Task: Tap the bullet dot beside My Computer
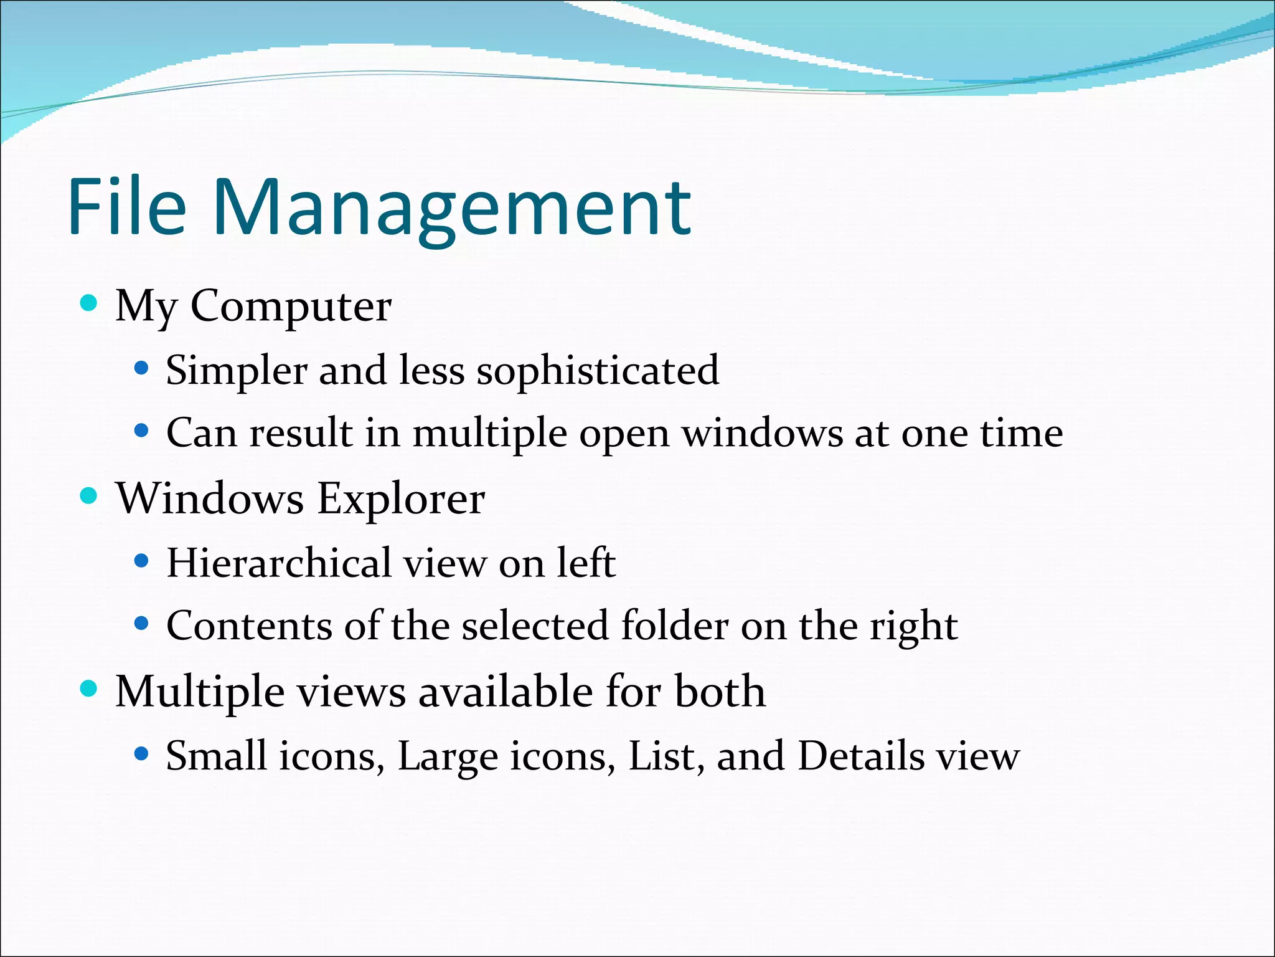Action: tap(90, 303)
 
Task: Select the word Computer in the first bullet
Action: tap(291, 307)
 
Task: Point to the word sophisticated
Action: tap(598, 371)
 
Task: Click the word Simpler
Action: tap(237, 371)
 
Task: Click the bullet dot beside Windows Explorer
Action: tap(90, 496)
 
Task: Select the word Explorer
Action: tap(401, 499)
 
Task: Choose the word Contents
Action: tap(249, 626)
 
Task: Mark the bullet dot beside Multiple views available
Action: tap(90, 689)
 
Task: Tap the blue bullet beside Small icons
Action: tap(142, 755)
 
